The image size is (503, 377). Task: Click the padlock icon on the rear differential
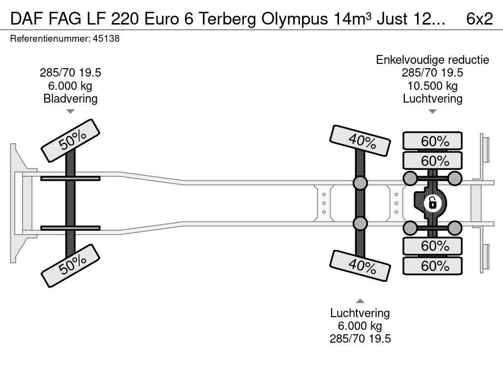click(432, 202)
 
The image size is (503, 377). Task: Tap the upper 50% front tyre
click(70, 140)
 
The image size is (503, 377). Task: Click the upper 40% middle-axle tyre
click(361, 141)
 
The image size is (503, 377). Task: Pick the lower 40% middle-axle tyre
click(361, 266)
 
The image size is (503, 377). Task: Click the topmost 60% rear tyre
click(433, 141)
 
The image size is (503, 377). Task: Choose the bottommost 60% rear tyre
click(433, 266)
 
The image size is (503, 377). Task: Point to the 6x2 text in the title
click(479, 19)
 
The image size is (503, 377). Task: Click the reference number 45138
click(106, 39)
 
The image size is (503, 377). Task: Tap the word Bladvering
click(70, 98)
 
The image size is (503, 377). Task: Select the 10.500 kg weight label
click(432, 86)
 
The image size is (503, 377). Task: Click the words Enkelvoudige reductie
click(432, 60)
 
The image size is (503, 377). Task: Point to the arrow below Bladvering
click(70, 111)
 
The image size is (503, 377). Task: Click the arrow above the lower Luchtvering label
click(360, 301)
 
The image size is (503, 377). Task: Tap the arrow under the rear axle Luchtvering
click(432, 111)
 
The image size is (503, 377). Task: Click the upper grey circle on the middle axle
click(361, 183)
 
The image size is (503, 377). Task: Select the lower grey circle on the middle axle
click(361, 223)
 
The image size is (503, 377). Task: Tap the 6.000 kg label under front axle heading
click(70, 86)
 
